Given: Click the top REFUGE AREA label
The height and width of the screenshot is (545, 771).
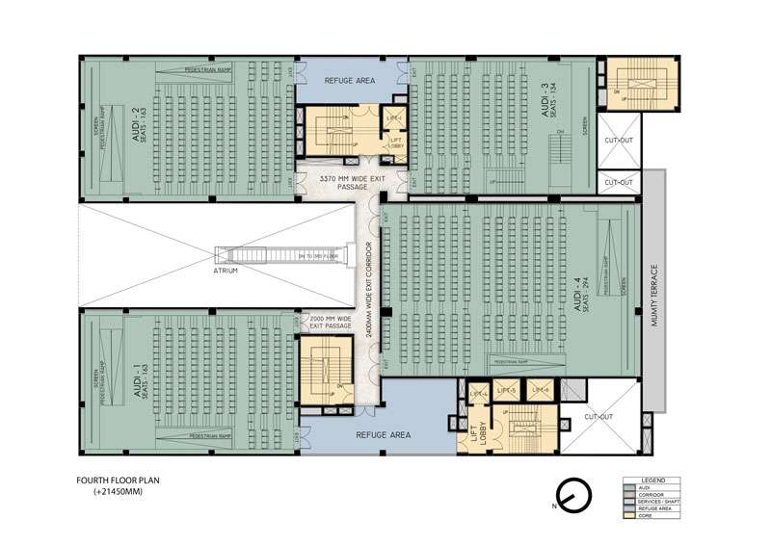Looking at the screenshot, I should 349,81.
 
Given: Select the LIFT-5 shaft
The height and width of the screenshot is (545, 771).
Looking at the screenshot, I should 507,390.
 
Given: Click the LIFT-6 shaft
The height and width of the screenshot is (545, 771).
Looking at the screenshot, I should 540,390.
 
